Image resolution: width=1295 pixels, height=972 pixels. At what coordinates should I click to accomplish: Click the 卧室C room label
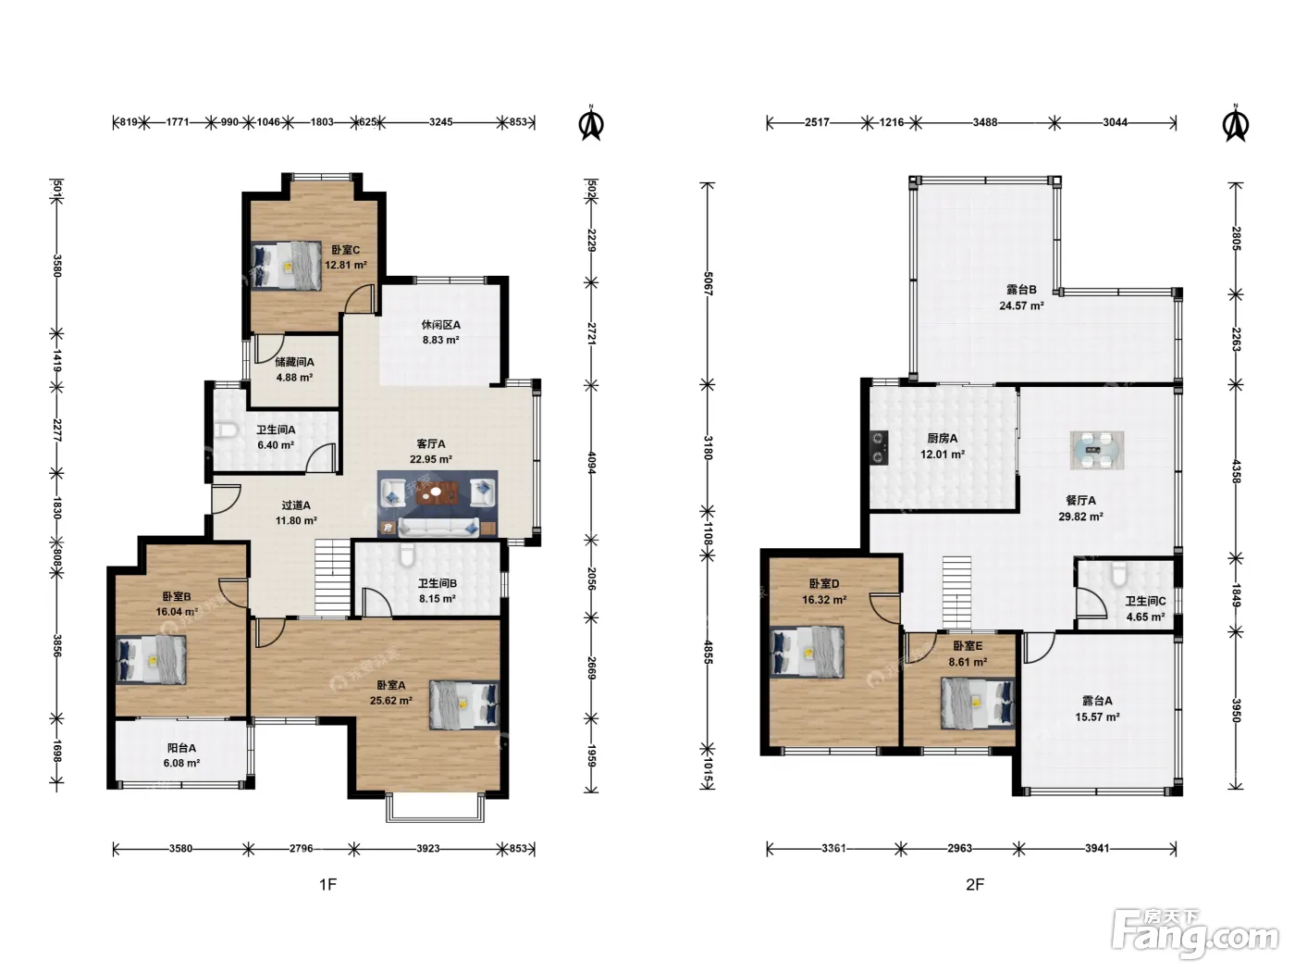(345, 250)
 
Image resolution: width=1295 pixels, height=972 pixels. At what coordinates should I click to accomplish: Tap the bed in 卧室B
(151, 658)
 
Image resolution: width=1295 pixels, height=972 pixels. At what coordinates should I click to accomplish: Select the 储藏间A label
(294, 362)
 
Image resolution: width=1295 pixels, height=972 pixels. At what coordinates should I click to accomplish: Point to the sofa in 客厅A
(438, 527)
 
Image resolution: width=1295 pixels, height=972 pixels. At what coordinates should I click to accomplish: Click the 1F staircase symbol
(333, 578)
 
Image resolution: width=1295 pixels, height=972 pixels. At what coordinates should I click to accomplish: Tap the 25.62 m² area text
(390, 701)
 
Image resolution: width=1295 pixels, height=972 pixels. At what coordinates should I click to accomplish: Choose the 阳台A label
(181, 748)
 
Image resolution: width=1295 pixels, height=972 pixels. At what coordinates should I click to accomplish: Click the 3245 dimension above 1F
(440, 121)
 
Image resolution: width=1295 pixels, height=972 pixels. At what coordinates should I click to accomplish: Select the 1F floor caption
(328, 884)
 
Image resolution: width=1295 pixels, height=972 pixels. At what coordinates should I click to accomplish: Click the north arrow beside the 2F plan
(1236, 123)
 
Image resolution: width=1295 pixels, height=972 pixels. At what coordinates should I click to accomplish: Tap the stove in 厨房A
(879, 447)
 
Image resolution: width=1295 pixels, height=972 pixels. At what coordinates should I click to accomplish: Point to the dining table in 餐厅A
(1097, 450)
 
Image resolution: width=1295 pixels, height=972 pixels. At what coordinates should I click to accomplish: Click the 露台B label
(1021, 289)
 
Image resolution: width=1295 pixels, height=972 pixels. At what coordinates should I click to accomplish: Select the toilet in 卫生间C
(1118, 574)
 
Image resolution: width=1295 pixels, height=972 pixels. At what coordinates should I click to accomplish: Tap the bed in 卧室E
(978, 703)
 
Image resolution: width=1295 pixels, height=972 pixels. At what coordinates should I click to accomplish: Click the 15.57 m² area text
(1097, 717)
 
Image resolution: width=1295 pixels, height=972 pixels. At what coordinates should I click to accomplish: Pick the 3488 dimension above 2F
(985, 122)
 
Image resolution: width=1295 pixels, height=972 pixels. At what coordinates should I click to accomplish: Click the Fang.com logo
(1195, 934)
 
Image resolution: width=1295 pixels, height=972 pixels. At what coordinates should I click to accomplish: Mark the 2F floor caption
(975, 884)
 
